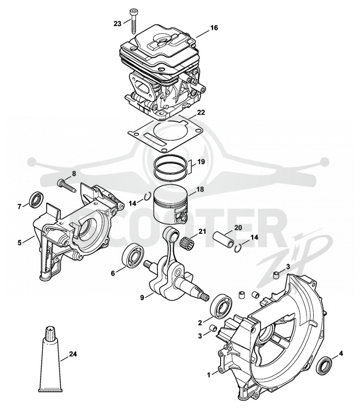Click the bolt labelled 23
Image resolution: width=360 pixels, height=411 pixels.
pyautogui.click(x=133, y=21)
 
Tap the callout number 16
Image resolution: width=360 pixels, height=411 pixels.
pyautogui.click(x=214, y=28)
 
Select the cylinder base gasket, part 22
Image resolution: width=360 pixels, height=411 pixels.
pyautogui.click(x=166, y=134)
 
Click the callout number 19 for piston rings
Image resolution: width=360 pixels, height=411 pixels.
pyautogui.click(x=201, y=161)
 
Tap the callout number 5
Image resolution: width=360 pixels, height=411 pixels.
pyautogui.click(x=20, y=242)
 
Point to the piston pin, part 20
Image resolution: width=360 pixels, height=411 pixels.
pyautogui.click(x=223, y=239)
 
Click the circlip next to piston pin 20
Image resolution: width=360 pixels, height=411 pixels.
pyautogui.click(x=238, y=248)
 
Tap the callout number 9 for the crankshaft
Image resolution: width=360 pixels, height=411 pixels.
pyautogui.click(x=142, y=298)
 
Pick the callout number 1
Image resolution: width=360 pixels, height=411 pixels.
pyautogui.click(x=209, y=375)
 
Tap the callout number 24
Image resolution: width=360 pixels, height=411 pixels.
pyautogui.click(x=73, y=354)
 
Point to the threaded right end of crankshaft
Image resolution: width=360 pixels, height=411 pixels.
pyautogui.click(x=205, y=297)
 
